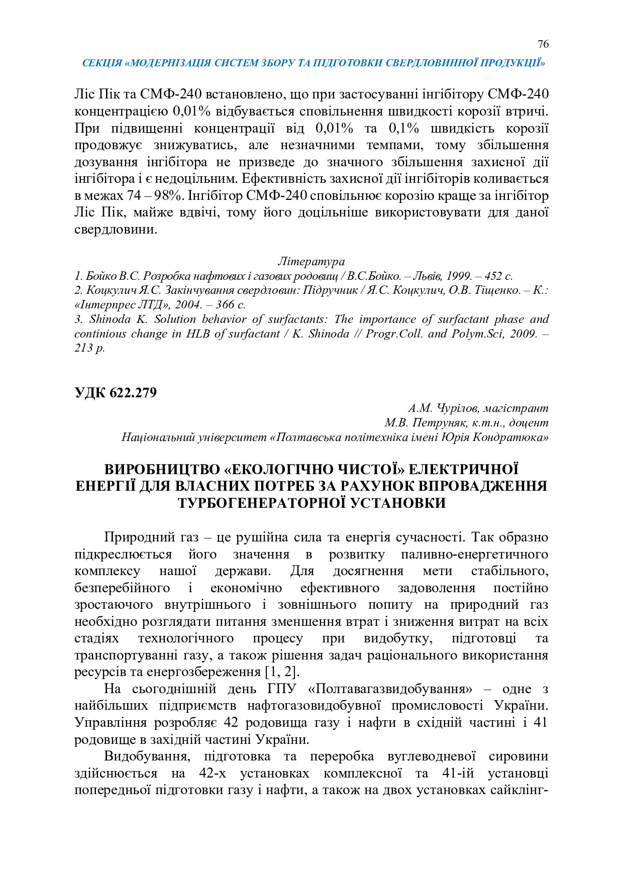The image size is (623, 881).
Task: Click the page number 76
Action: [543, 44]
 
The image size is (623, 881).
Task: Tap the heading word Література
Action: [311, 262]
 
